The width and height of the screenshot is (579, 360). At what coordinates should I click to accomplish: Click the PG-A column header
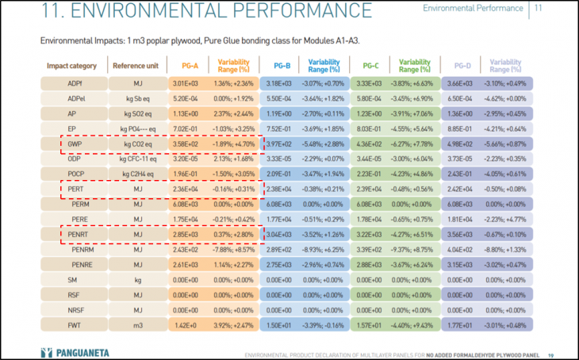coord(190,66)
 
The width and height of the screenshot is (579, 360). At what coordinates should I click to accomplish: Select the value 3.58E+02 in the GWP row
coord(185,144)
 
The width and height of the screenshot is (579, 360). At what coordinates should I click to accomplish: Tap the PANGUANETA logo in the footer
coord(76,350)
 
